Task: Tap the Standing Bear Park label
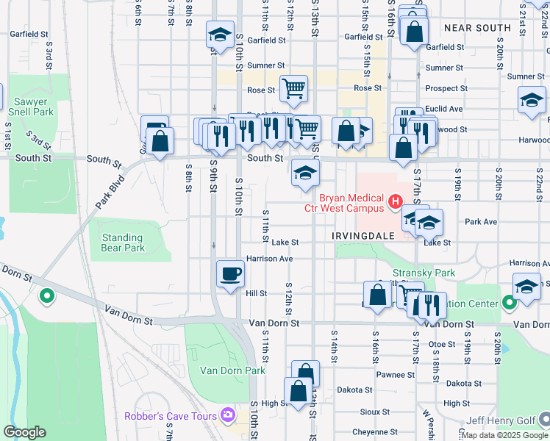tap(123, 243)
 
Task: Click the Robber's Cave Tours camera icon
tap(227, 416)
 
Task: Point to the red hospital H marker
tap(396, 200)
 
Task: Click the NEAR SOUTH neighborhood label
tap(477, 28)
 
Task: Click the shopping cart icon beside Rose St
tap(293, 88)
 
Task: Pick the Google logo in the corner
tap(25, 432)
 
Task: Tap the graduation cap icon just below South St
tap(305, 173)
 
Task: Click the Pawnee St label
tap(400, 375)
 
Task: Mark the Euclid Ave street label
tap(444, 109)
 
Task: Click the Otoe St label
tap(443, 343)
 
